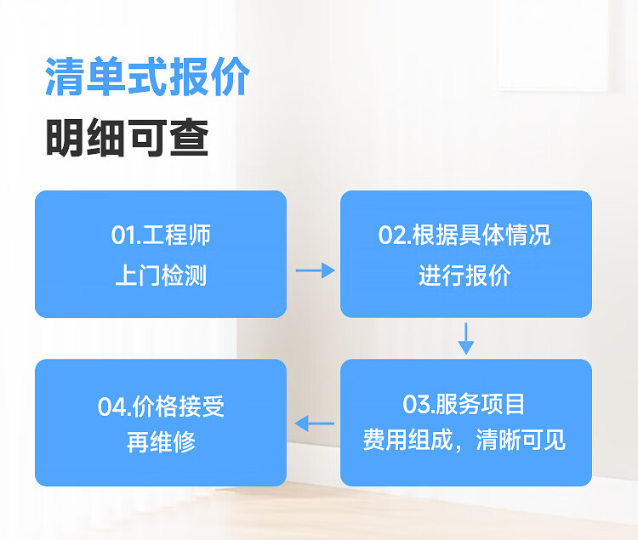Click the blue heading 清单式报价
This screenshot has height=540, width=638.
[146, 78]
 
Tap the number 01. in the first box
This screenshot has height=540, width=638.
[126, 235]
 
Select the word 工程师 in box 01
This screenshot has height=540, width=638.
[176, 235]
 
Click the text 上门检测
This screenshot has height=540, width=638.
[160, 276]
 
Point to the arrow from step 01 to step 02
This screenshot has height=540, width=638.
[315, 270]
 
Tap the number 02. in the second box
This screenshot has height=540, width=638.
[394, 235]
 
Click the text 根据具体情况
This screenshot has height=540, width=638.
[481, 235]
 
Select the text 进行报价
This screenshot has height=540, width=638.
[464, 276]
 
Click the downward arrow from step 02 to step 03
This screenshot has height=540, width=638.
[465, 338]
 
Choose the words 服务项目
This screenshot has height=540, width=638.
[481, 403]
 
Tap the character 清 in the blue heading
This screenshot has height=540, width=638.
[66, 78]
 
